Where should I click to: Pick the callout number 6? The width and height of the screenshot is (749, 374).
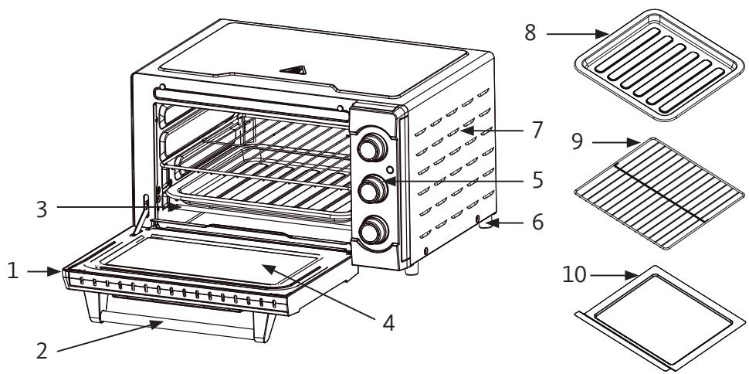(x=537, y=223)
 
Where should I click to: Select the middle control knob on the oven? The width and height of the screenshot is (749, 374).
(x=374, y=188)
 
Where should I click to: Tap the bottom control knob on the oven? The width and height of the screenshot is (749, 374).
(x=374, y=230)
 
